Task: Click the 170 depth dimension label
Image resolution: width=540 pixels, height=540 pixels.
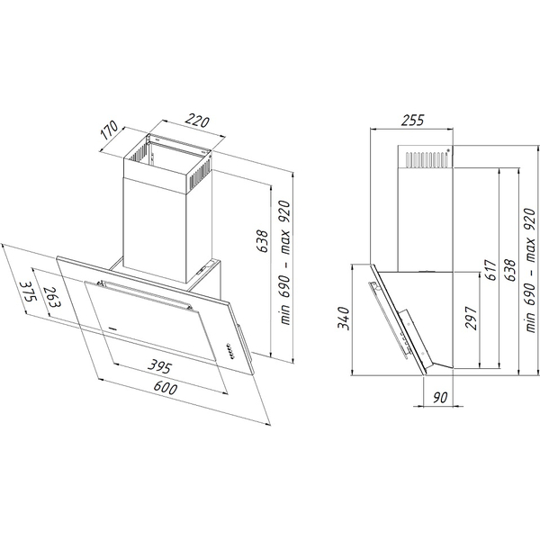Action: (110, 130)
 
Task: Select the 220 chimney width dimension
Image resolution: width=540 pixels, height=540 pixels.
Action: (197, 121)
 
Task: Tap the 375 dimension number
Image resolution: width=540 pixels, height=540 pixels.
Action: (28, 292)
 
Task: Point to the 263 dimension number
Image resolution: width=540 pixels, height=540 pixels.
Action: (51, 298)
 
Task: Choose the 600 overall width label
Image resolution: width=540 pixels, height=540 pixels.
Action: (166, 388)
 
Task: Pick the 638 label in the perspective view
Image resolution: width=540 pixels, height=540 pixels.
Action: (263, 241)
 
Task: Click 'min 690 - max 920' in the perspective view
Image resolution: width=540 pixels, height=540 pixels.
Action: (285, 263)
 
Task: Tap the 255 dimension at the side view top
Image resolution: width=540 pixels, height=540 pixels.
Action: (412, 121)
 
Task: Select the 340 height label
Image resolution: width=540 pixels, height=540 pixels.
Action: (344, 318)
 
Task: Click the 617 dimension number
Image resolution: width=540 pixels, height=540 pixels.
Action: (490, 270)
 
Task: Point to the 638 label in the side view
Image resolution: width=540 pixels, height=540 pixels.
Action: (509, 270)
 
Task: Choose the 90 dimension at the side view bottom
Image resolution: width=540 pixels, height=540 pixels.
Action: (440, 398)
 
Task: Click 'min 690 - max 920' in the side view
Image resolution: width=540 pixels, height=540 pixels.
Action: (530, 270)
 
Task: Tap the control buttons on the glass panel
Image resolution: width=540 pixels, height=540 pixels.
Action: (230, 351)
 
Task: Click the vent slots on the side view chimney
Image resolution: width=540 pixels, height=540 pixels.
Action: (427, 159)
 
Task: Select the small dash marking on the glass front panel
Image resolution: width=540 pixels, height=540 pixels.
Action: (112, 328)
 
